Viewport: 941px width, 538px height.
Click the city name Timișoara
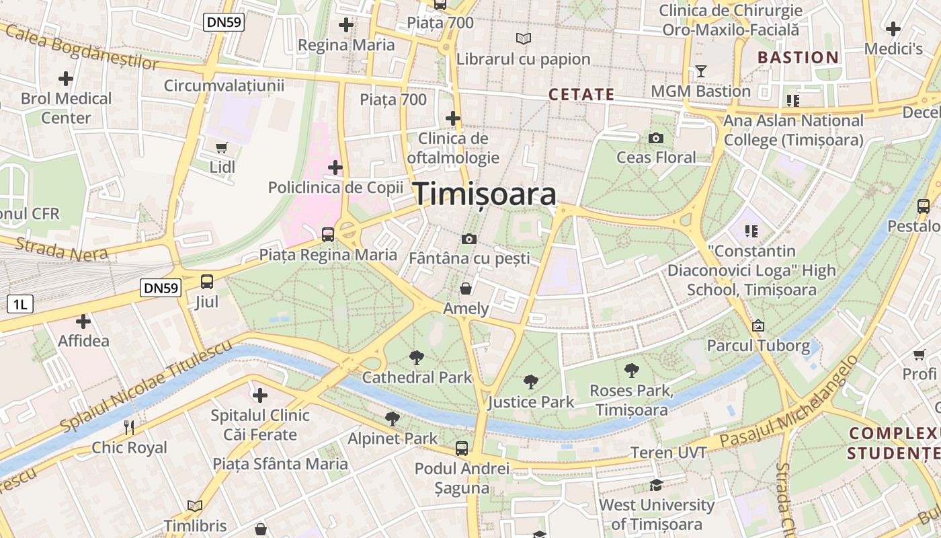coord(485,194)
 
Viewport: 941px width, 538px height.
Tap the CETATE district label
coord(581,95)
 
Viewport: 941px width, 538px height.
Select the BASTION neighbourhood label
coord(799,58)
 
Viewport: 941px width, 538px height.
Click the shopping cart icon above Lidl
coord(222,147)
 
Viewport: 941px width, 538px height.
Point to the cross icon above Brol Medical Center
coord(66,79)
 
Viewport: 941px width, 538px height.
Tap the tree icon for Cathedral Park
coord(417,357)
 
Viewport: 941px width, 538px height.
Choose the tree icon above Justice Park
coord(531,382)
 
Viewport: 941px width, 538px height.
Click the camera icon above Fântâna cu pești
coord(469,239)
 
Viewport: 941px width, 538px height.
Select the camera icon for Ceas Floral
coord(656,139)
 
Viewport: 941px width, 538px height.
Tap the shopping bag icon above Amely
coord(465,289)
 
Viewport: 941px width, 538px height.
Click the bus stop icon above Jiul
coord(207,282)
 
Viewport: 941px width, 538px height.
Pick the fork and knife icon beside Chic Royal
coord(129,427)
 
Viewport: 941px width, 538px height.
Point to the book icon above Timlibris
coord(195,506)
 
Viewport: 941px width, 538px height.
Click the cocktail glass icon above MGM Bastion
coord(701,71)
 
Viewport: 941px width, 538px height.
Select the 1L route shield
coord(20,304)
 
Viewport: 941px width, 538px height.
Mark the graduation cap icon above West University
coord(656,485)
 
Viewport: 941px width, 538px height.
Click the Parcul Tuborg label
coord(758,346)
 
